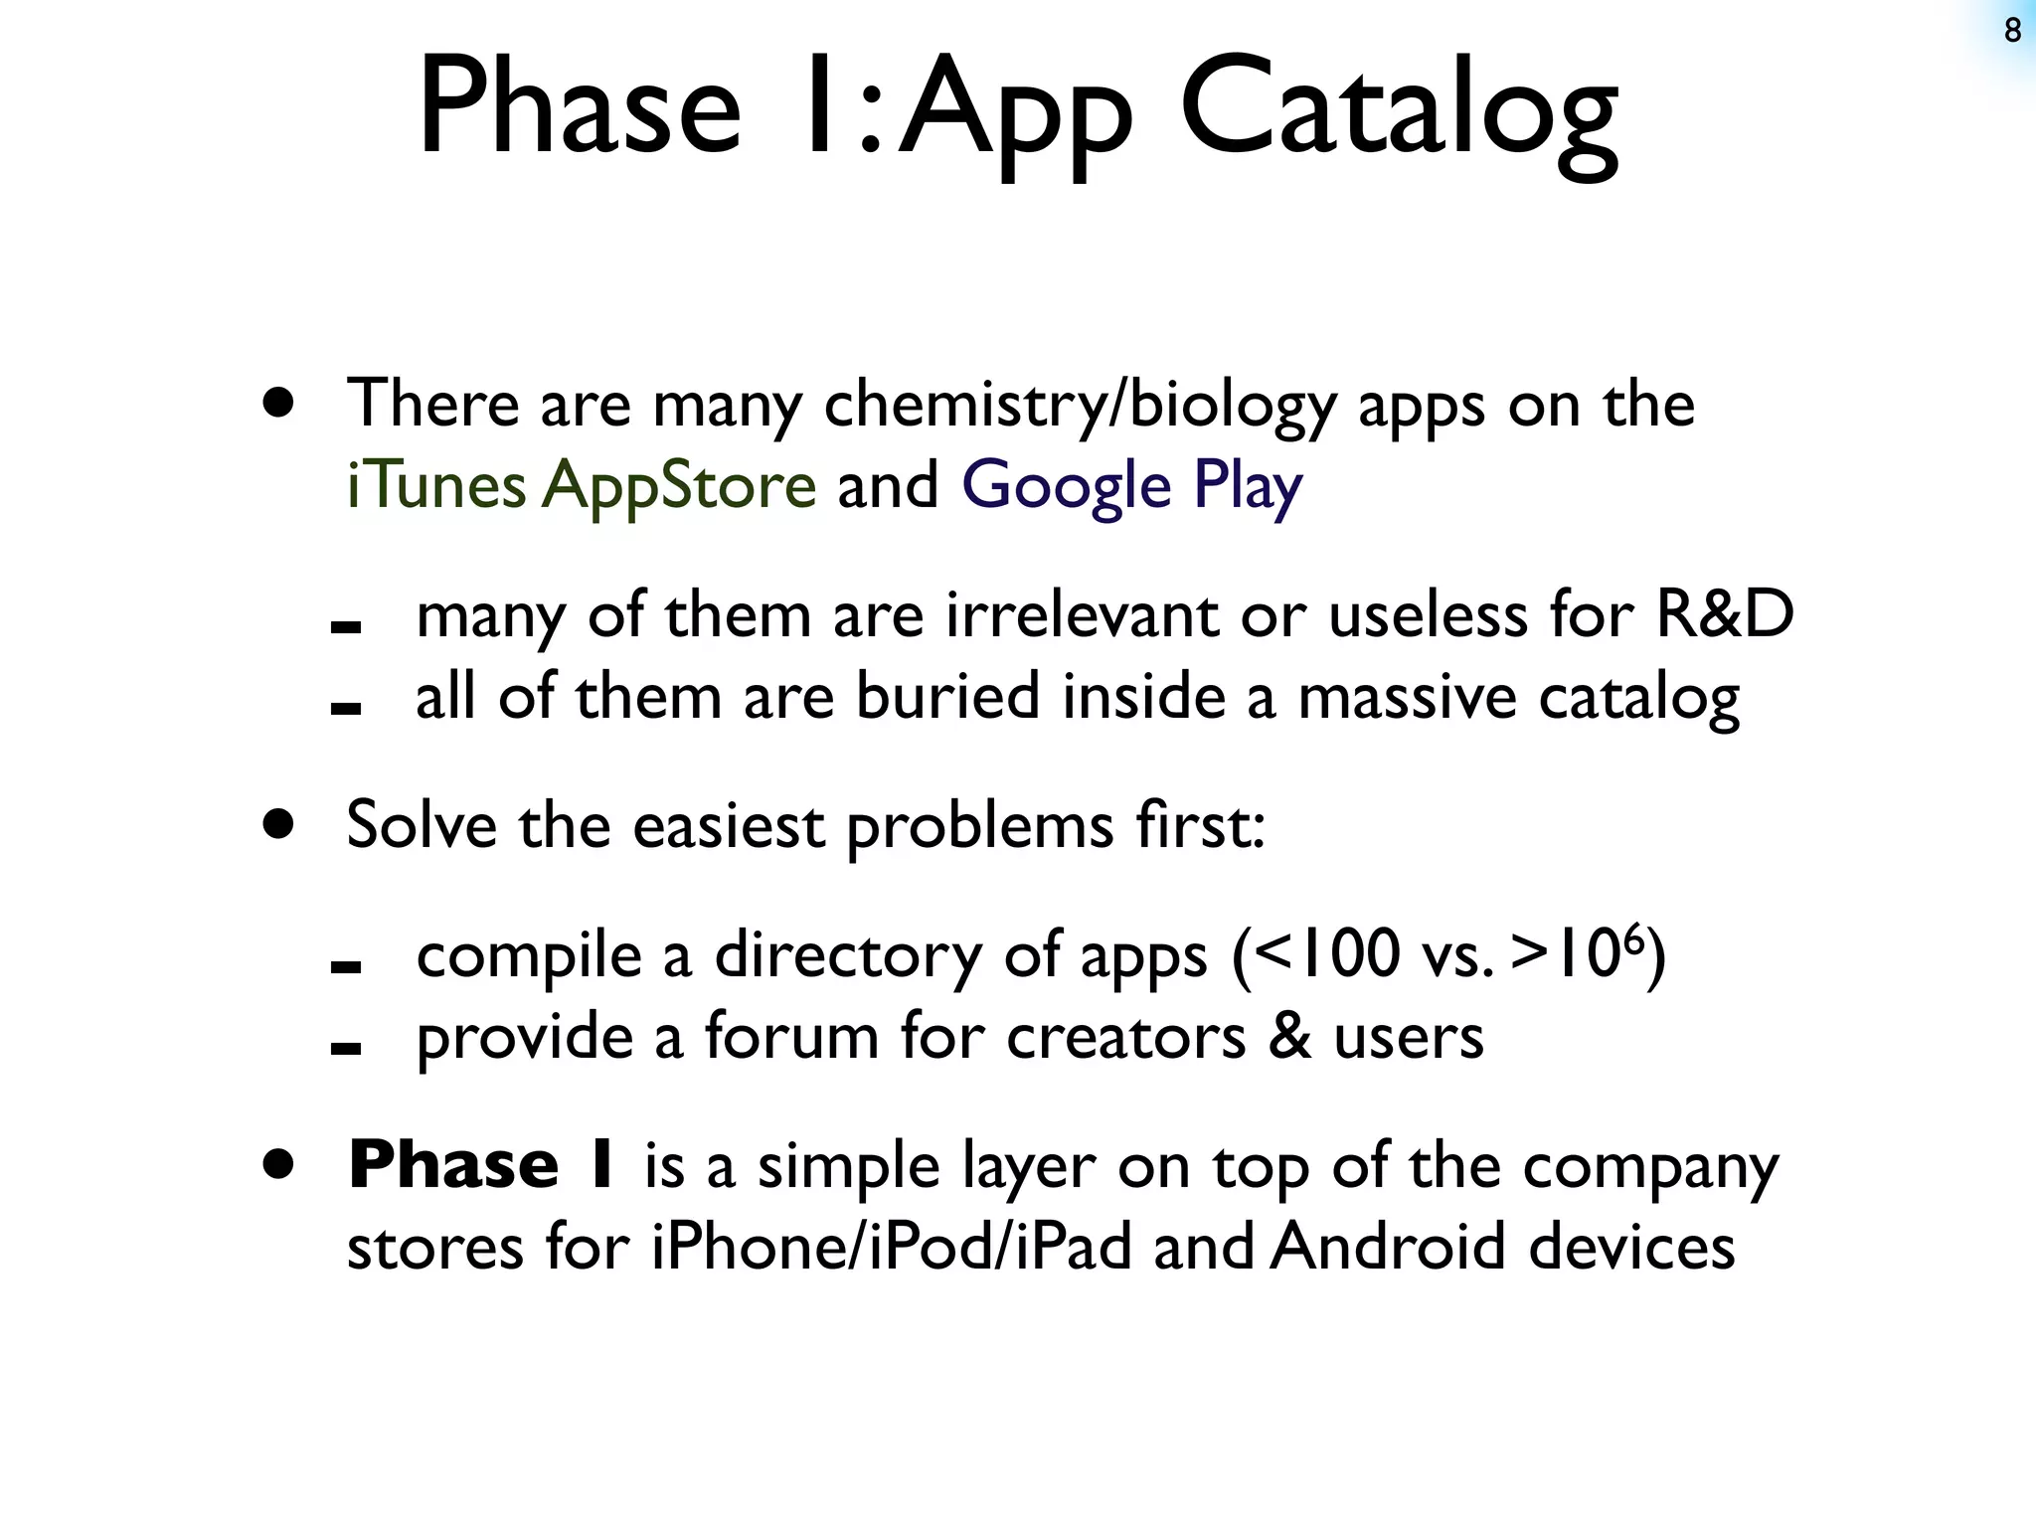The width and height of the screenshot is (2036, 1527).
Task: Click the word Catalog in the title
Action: (1399, 109)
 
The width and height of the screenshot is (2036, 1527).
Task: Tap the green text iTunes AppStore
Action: (581, 486)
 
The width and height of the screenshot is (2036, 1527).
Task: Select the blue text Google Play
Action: (1130, 486)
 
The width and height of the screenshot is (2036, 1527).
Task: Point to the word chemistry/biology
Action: (1080, 406)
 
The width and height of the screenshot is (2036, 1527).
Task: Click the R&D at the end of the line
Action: (1724, 614)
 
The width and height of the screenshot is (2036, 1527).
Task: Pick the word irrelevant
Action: (1081, 614)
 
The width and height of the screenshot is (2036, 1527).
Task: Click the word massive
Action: (1407, 696)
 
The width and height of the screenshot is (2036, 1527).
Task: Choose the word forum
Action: (791, 1036)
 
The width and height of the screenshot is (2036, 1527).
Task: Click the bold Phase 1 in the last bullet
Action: (484, 1164)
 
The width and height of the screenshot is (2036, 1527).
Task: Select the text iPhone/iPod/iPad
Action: (892, 1247)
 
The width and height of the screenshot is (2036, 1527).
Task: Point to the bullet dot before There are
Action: (279, 403)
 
